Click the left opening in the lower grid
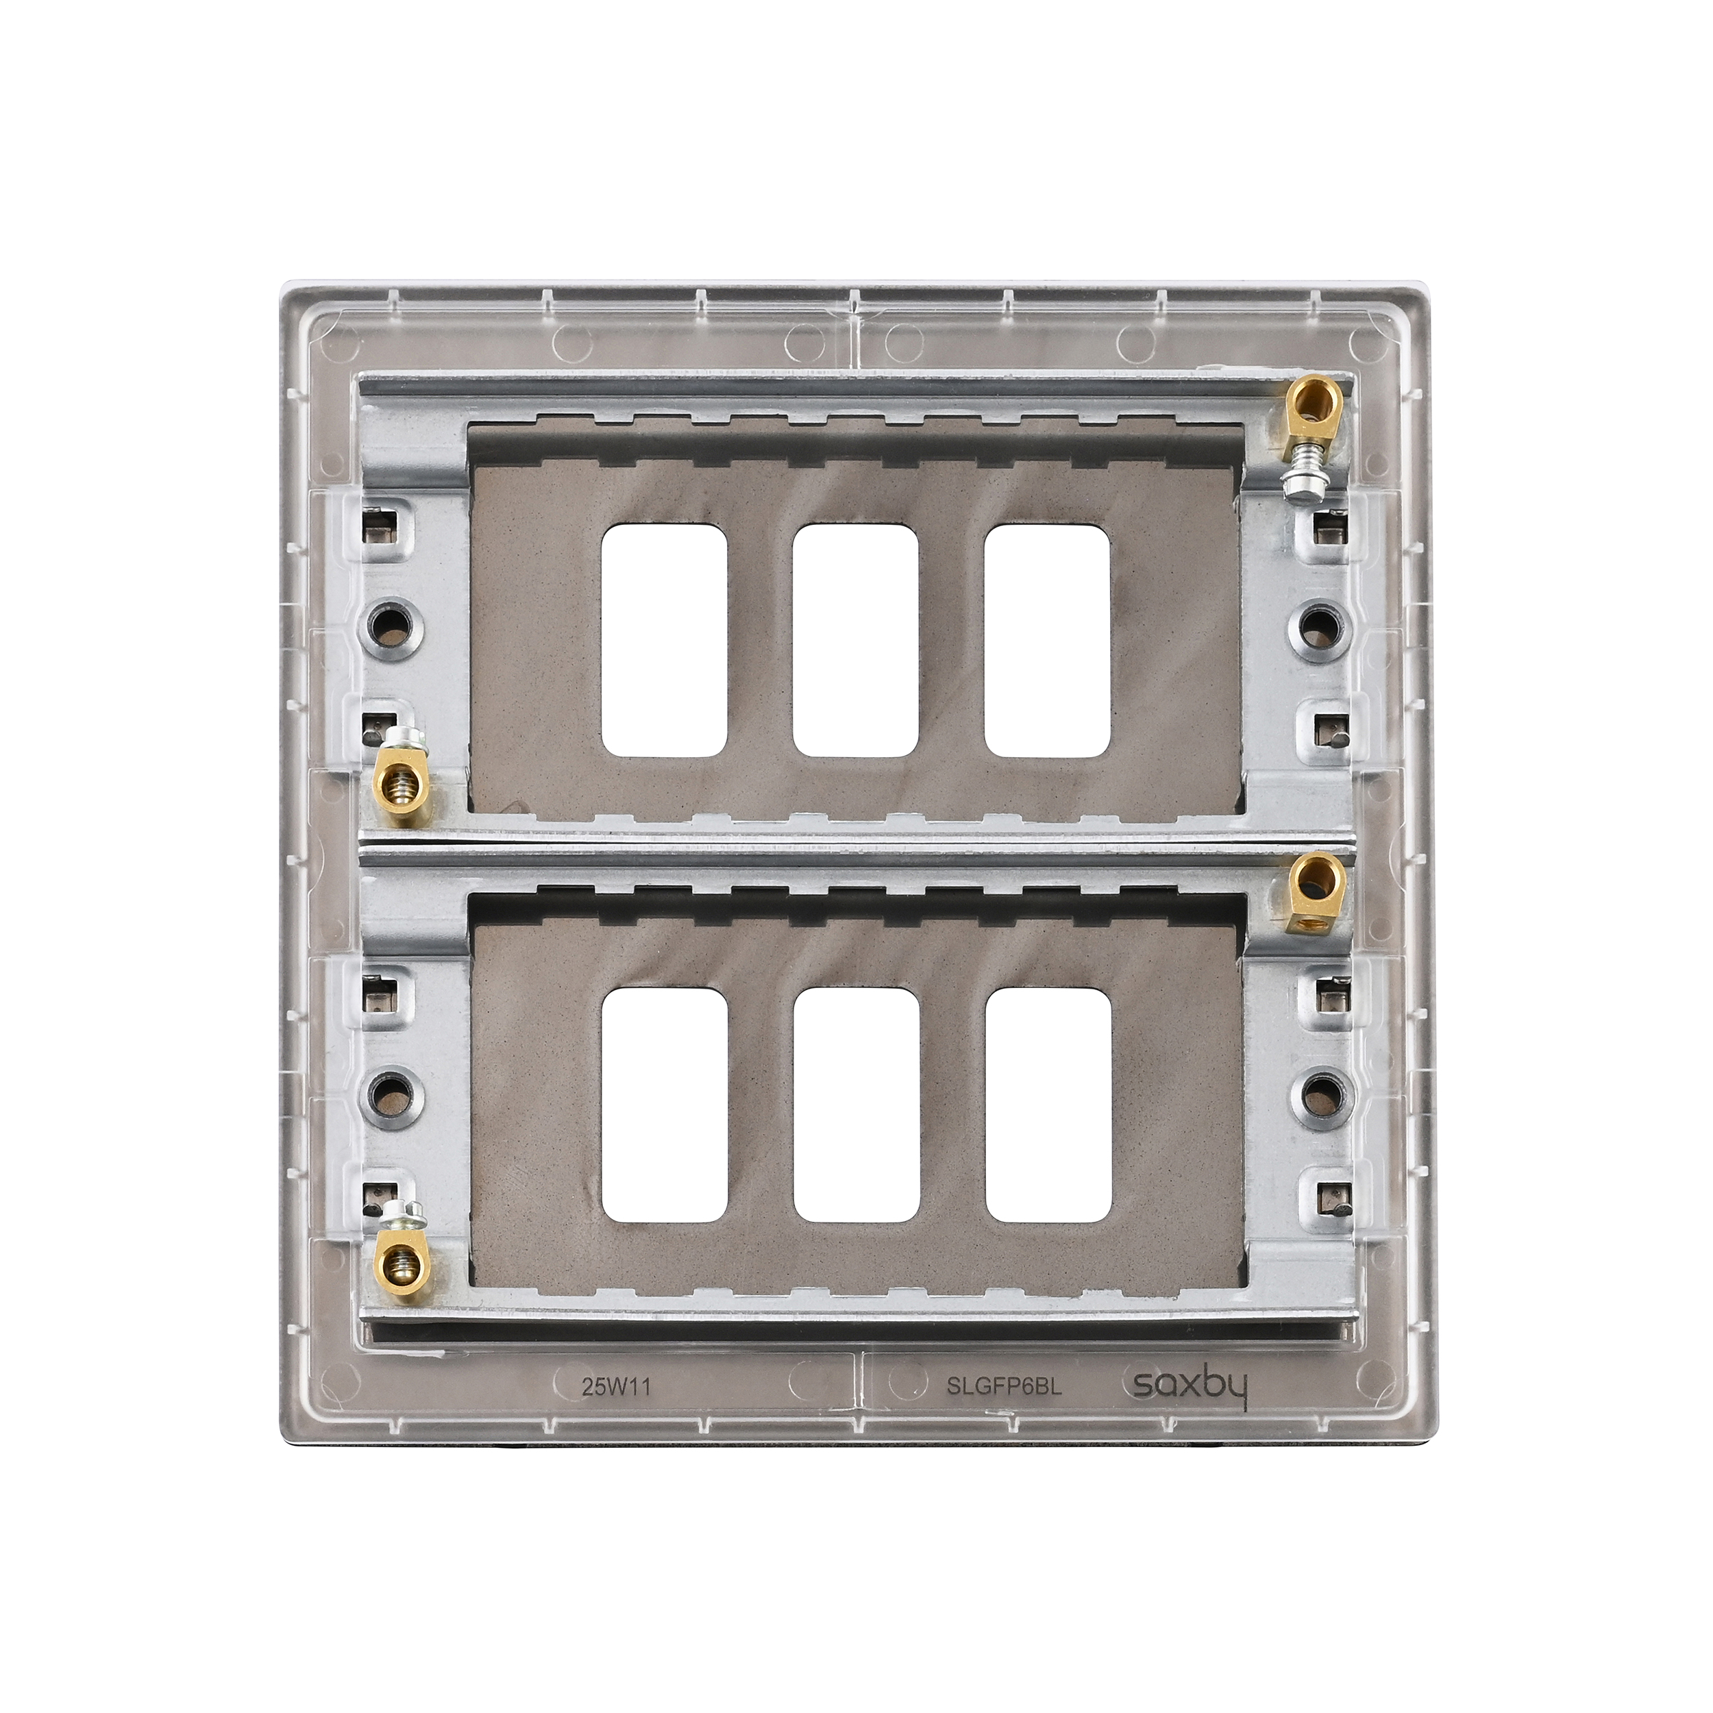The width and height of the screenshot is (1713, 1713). (x=665, y=1103)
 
